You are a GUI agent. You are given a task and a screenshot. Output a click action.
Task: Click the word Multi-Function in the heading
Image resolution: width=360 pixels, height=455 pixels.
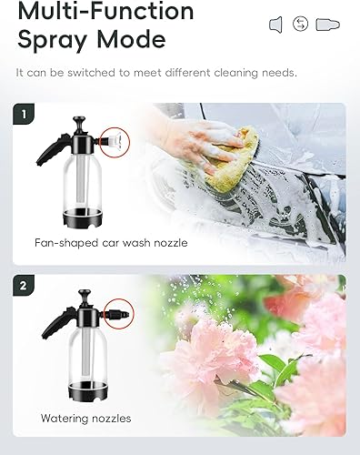pos(105,11)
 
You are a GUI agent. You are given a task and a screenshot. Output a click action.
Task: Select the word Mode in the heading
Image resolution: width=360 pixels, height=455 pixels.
pos(131,39)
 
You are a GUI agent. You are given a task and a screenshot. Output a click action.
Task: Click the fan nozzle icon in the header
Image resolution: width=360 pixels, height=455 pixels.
pos(275,25)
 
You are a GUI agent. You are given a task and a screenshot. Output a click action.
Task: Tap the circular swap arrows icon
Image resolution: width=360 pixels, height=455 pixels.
pos(300,24)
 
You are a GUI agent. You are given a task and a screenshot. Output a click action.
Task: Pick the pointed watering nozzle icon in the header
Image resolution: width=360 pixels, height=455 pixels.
pos(327,25)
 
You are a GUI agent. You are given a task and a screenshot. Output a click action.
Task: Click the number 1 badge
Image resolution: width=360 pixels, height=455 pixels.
pos(24,114)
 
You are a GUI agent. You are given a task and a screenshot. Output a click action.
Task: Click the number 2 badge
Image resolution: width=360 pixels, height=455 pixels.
pos(24,286)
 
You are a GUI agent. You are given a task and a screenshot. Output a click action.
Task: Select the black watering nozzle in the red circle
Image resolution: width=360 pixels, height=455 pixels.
pos(119,314)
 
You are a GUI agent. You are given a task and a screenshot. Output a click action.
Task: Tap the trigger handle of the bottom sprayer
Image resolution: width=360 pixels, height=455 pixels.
pos(57,323)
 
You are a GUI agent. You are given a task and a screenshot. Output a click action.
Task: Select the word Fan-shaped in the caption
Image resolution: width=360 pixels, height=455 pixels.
pos(66,243)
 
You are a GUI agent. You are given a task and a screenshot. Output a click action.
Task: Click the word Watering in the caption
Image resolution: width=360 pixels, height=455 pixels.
pos(65,419)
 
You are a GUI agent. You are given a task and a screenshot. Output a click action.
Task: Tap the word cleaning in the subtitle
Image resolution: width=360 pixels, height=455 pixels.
pos(235,73)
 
